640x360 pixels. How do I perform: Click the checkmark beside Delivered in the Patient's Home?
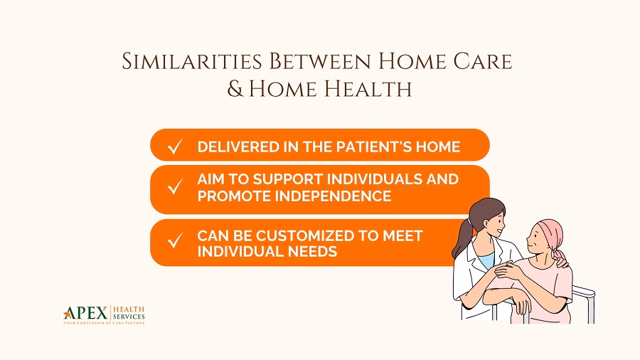174,147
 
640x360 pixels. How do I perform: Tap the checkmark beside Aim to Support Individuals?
174,188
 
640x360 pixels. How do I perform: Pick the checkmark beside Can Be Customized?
174,242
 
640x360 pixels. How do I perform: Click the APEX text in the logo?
85,313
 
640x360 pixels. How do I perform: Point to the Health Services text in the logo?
129,312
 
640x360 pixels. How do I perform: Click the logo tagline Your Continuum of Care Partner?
104,323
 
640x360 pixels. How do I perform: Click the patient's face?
535,245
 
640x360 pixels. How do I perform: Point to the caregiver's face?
495,226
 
